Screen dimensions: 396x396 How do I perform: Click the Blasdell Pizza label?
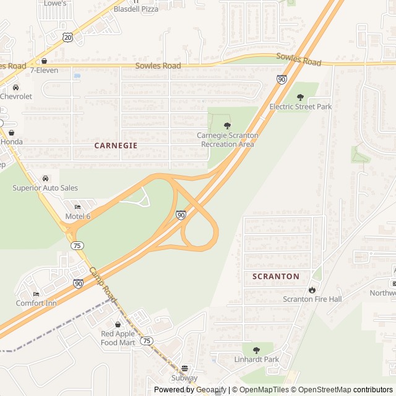click(x=137, y=9)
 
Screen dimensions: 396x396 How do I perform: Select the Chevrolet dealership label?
click(x=16, y=97)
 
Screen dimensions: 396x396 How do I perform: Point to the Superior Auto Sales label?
click(x=45, y=188)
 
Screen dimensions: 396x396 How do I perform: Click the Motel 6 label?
click(x=78, y=217)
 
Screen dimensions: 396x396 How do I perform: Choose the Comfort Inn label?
click(x=36, y=303)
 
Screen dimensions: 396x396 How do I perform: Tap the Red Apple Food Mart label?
click(x=118, y=338)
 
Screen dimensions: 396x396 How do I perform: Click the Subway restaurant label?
click(x=184, y=378)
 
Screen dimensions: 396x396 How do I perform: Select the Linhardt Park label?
click(x=256, y=359)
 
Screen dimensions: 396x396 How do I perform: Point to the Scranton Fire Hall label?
click(x=312, y=299)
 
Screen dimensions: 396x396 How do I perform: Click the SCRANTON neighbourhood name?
click(x=276, y=277)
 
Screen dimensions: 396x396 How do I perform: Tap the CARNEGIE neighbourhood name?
click(x=116, y=145)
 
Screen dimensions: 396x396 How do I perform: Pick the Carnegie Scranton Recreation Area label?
click(x=228, y=140)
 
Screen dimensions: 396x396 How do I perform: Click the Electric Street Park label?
click(x=301, y=106)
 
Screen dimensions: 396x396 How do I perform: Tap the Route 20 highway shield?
click(x=67, y=38)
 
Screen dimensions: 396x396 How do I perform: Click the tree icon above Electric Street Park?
click(x=301, y=97)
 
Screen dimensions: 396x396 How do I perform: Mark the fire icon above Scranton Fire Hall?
click(x=312, y=290)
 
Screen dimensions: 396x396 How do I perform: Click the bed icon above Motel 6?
click(x=78, y=207)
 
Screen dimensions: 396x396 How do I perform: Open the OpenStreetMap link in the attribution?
click(x=321, y=390)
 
